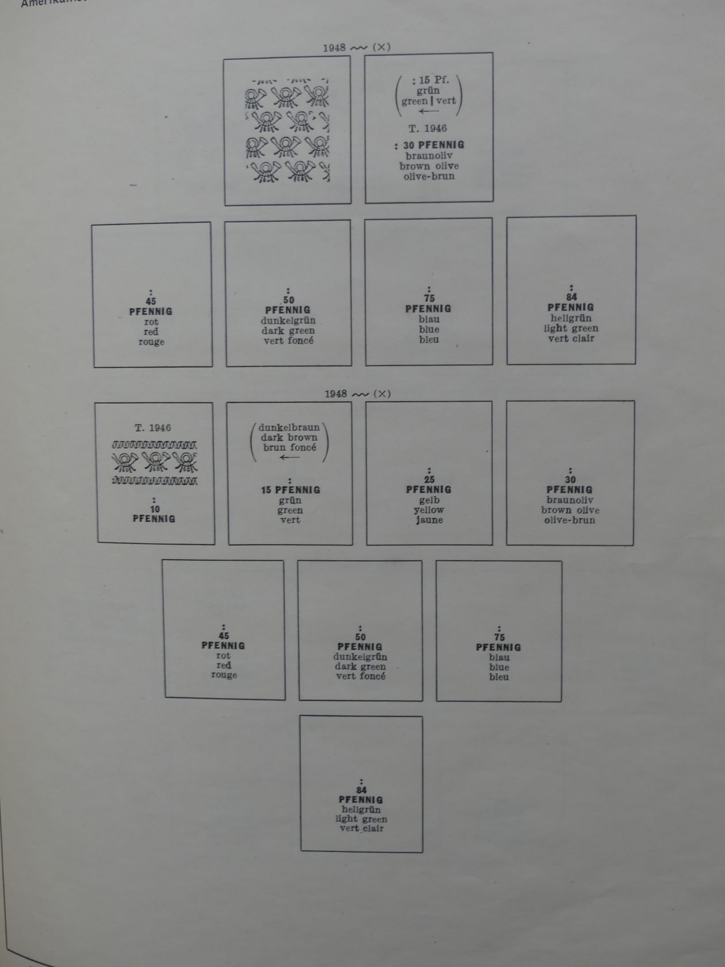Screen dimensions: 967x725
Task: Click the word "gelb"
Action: click(x=429, y=500)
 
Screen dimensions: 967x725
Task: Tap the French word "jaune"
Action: click(x=429, y=520)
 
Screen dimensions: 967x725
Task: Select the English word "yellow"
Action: click(x=429, y=510)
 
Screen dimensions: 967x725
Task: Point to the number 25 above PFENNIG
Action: click(x=429, y=479)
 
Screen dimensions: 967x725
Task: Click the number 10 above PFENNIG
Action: click(x=154, y=509)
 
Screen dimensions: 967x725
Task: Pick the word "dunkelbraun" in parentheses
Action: click(x=289, y=428)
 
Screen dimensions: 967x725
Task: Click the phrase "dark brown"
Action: click(x=289, y=437)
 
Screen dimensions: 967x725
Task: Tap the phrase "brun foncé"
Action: click(x=289, y=447)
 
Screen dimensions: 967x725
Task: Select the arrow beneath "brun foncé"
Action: click(x=289, y=458)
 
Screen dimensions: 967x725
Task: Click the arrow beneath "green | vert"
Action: click(x=429, y=112)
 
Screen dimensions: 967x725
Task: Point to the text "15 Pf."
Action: click(x=433, y=80)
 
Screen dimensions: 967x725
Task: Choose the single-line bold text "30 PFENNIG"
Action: click(x=433, y=145)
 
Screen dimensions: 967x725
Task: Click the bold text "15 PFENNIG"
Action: click(x=291, y=490)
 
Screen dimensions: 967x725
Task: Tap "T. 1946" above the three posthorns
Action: click(x=153, y=428)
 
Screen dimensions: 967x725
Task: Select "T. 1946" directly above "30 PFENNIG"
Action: click(x=428, y=128)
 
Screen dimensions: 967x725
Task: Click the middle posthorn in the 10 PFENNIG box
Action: click(x=155, y=462)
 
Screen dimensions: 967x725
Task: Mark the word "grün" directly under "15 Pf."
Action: click(x=429, y=90)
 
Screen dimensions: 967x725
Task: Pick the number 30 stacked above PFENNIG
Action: click(x=570, y=479)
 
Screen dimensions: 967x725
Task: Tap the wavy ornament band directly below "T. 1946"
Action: click(x=154, y=445)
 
